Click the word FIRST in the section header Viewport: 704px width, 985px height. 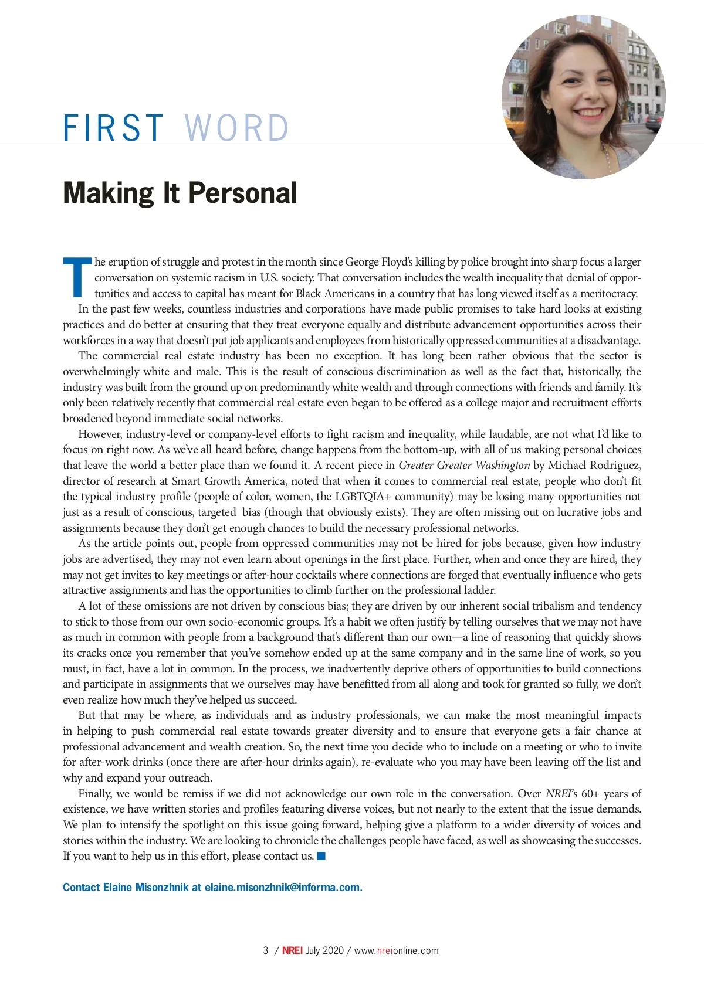[113, 127]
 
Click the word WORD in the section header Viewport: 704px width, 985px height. [236, 127]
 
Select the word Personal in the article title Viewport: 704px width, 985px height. [242, 193]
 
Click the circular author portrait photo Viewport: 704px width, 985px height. [583, 97]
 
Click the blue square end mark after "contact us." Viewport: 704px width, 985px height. [321, 857]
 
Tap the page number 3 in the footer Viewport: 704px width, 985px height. [266, 951]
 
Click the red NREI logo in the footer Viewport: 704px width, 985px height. [292, 951]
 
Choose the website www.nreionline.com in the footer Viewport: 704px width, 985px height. [397, 951]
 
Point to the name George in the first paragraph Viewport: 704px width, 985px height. [362, 262]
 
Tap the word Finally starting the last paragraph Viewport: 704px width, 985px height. [96, 794]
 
